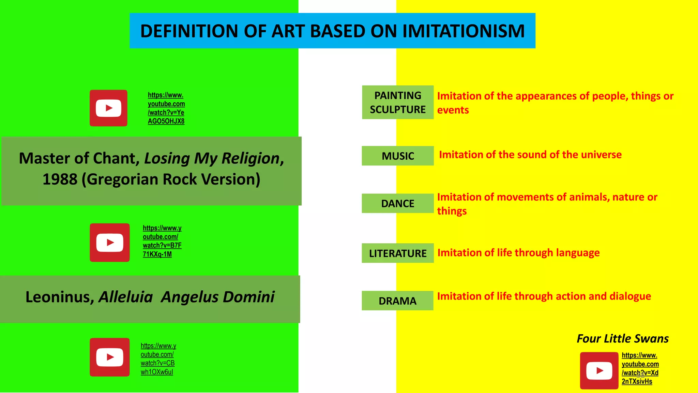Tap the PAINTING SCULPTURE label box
coord(398,102)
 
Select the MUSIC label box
coord(398,156)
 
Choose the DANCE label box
coord(398,204)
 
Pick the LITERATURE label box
coord(398,253)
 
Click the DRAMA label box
coord(398,301)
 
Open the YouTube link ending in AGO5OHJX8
coord(166,108)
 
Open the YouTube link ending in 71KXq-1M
coord(162,241)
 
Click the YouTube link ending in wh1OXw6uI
coord(158,359)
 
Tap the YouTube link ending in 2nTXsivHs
coord(640,368)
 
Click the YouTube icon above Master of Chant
coord(108,108)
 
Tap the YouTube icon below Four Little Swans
coord(599,370)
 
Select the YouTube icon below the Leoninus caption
coord(110,357)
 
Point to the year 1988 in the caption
coord(60,179)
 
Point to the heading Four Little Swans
coord(623,339)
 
